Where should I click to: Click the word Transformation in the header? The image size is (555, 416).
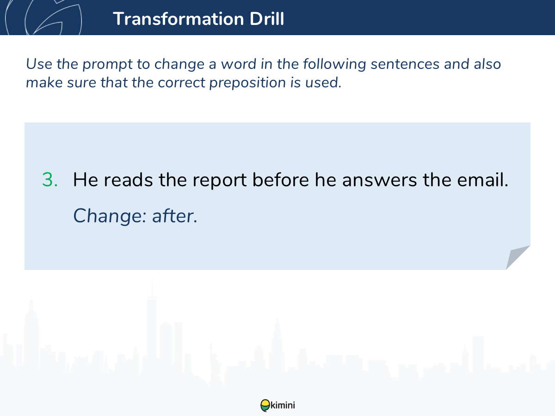[179, 18]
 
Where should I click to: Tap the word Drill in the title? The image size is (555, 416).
[267, 18]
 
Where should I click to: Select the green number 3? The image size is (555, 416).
[50, 180]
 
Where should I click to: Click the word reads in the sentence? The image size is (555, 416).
[128, 180]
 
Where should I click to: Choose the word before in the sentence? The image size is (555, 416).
[280, 180]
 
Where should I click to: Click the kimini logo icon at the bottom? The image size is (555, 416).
[265, 405]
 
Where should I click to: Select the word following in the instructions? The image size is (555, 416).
[334, 64]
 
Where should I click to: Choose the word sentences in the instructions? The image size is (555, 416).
[405, 64]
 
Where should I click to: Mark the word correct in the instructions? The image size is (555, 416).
[181, 83]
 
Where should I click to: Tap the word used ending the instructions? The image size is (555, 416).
[323, 83]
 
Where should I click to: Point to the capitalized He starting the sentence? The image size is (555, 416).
[86, 180]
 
